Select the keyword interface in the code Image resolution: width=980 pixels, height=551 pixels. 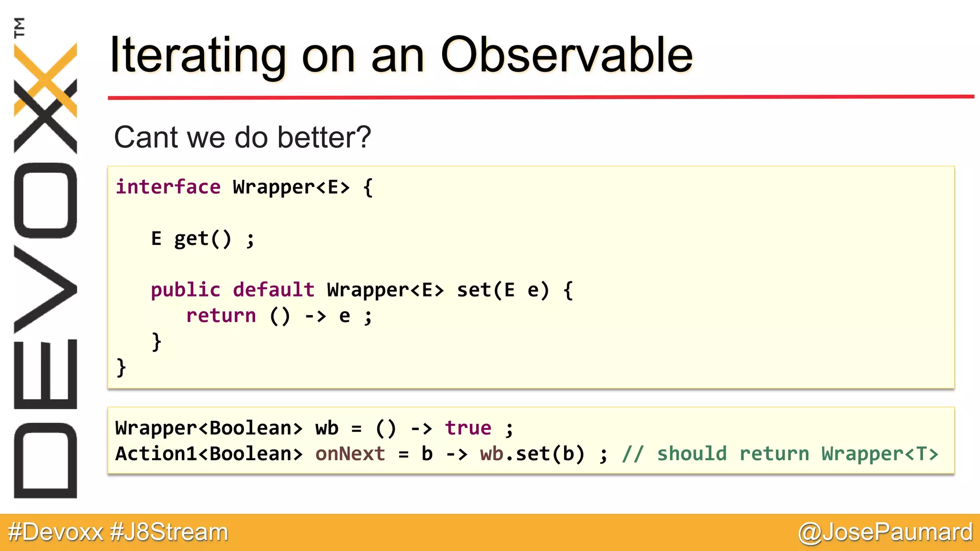coord(168,187)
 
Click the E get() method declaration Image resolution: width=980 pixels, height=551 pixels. coord(202,239)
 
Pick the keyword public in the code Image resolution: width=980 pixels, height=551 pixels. coord(186,290)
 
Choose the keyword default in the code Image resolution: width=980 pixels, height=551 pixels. coord(273,290)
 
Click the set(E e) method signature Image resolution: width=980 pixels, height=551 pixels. coord(502,290)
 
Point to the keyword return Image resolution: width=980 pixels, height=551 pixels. coord(221,316)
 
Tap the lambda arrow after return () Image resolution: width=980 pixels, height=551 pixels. coord(315,316)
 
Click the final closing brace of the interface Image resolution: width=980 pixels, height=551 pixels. coord(121,367)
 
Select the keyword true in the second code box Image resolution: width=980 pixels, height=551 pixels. coord(468,428)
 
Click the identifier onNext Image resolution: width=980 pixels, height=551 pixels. coord(350,454)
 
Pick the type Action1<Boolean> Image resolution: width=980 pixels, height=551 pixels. coord(209,454)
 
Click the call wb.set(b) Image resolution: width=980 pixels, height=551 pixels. coord(532,454)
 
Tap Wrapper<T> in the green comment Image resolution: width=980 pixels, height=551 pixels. coord(880,454)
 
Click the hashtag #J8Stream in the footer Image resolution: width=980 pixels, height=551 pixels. coord(169,532)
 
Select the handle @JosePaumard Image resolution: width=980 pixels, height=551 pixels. coord(885,532)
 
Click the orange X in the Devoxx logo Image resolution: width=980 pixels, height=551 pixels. coord(45,79)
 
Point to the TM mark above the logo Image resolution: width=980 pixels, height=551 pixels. coord(19,27)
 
